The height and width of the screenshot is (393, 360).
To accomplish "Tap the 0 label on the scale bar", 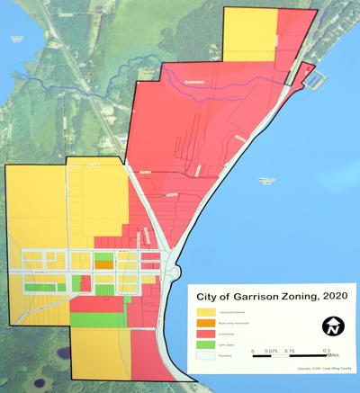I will click(x=253, y=351).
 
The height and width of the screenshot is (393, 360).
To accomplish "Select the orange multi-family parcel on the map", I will click(x=104, y=265).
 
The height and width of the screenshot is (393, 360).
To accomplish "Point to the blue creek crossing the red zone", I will click(x=225, y=76).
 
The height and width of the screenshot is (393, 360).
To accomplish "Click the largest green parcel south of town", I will click(x=98, y=319).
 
